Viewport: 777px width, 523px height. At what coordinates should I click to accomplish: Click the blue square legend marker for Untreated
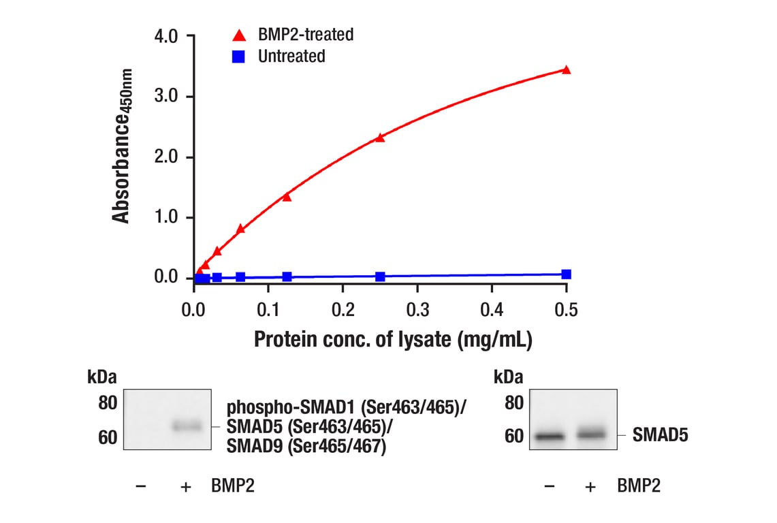(238, 57)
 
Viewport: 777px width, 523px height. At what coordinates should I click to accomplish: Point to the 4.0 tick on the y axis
(166, 36)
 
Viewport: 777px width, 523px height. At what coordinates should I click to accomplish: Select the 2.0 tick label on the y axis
(166, 157)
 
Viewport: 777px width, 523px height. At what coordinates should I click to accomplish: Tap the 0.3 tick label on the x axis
(417, 311)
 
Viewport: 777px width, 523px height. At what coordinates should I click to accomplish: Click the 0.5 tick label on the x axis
(566, 311)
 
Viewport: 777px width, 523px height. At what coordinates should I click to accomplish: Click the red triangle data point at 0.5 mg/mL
(566, 69)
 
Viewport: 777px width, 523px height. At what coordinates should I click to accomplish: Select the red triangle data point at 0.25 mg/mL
(380, 138)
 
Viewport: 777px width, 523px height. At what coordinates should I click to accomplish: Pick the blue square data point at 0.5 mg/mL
(566, 274)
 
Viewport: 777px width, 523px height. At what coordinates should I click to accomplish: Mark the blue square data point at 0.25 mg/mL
(380, 276)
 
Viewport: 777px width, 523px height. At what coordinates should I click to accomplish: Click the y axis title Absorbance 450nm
(122, 145)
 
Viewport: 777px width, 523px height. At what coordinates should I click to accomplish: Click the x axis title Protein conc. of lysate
(393, 338)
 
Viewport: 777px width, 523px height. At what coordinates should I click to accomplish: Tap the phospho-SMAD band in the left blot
(187, 426)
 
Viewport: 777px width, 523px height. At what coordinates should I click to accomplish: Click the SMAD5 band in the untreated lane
(550, 436)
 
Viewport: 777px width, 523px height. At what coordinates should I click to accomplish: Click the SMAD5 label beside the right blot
(660, 434)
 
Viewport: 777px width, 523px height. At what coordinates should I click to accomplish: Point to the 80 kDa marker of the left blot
(108, 403)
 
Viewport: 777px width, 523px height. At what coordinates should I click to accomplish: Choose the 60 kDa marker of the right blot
(514, 437)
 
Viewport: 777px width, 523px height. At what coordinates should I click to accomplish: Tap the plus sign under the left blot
(185, 486)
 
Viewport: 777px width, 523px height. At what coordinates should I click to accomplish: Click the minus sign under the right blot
(549, 486)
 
